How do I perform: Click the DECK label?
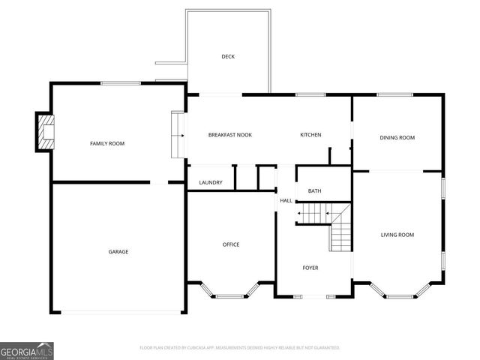228,57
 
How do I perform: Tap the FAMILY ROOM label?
107,143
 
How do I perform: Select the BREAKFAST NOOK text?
229,135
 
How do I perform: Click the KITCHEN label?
310,135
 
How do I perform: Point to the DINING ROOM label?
397,137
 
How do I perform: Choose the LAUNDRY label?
211,182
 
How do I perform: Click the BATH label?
314,191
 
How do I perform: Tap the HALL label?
286,201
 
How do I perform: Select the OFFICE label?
231,244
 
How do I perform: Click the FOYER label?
310,268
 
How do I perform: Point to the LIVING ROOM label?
397,235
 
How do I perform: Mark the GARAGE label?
118,251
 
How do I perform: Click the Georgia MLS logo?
27,350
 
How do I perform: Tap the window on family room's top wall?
117,83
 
